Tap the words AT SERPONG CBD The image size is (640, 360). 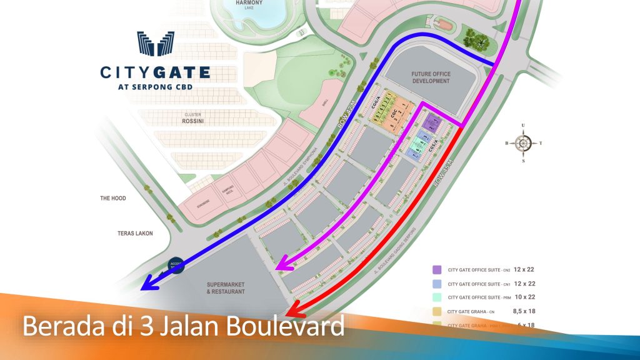coord(155,87)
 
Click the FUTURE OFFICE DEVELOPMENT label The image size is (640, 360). coord(431,77)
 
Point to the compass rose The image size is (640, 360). coord(523,143)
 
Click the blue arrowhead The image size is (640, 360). coord(147,284)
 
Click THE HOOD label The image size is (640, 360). coord(113,198)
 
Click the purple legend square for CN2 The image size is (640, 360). coord(437,270)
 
